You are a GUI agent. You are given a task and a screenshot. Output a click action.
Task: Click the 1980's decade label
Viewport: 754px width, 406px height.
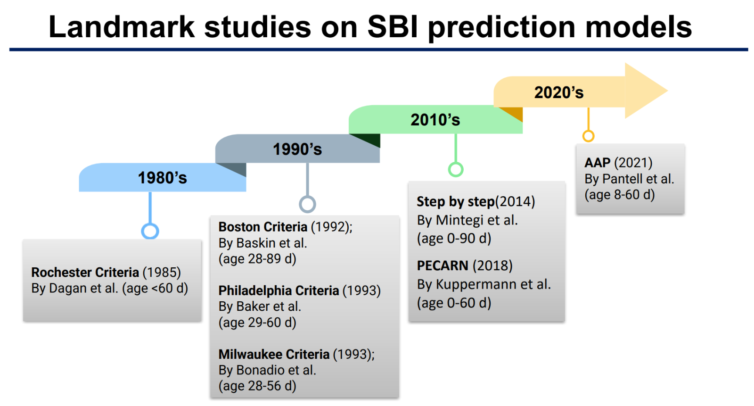(x=162, y=178)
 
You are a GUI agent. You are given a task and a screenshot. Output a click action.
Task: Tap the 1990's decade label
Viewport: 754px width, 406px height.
(x=297, y=149)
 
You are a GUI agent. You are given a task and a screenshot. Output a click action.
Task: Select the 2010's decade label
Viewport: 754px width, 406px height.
(x=435, y=120)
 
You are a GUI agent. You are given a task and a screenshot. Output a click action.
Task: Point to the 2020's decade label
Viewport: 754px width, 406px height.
(x=559, y=92)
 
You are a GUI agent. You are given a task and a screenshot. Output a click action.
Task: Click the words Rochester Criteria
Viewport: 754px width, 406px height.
(x=85, y=272)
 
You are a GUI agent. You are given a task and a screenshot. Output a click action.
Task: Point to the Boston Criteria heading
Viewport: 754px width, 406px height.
(x=263, y=227)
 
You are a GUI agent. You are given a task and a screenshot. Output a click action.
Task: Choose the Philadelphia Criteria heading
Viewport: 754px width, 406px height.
(x=279, y=290)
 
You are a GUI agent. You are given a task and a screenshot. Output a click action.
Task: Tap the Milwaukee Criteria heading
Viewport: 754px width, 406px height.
(x=274, y=354)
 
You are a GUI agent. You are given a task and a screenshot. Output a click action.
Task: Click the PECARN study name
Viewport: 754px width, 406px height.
(x=443, y=265)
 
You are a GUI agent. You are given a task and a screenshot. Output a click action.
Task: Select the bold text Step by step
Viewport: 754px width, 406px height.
(x=456, y=201)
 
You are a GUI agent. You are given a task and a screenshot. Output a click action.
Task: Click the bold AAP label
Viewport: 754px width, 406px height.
(x=598, y=163)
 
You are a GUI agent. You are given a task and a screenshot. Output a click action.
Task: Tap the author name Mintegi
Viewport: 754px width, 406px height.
(x=460, y=220)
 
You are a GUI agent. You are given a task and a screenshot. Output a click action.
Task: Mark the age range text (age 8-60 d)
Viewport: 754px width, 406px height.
(x=620, y=195)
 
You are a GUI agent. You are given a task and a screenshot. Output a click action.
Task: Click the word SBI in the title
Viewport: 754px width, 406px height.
(x=393, y=26)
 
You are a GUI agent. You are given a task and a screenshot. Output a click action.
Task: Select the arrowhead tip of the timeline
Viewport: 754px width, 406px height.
(x=667, y=90)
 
